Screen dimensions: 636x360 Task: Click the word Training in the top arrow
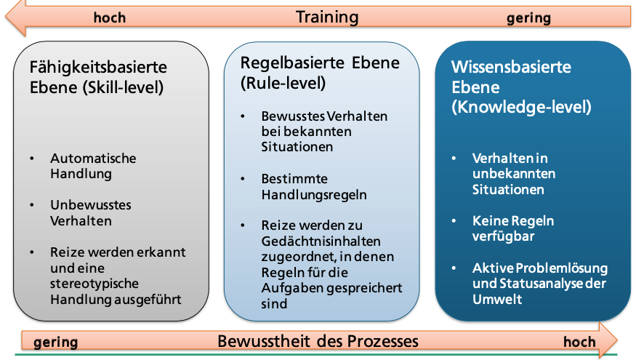click(x=327, y=16)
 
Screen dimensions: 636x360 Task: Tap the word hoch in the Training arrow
click(x=110, y=17)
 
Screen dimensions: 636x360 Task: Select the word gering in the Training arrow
click(x=528, y=17)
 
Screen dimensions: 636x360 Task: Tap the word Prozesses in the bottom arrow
click(x=385, y=340)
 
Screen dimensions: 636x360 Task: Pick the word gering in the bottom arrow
click(x=55, y=342)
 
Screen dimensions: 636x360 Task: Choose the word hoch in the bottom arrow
click(x=579, y=342)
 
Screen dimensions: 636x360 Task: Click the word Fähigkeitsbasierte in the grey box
click(x=98, y=67)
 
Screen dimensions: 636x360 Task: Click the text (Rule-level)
click(x=283, y=84)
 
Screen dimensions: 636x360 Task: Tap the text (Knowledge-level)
click(x=521, y=107)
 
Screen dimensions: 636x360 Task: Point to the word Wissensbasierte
click(x=511, y=67)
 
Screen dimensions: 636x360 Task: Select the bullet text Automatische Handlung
click(x=92, y=166)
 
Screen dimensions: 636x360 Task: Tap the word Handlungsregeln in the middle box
click(x=314, y=195)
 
